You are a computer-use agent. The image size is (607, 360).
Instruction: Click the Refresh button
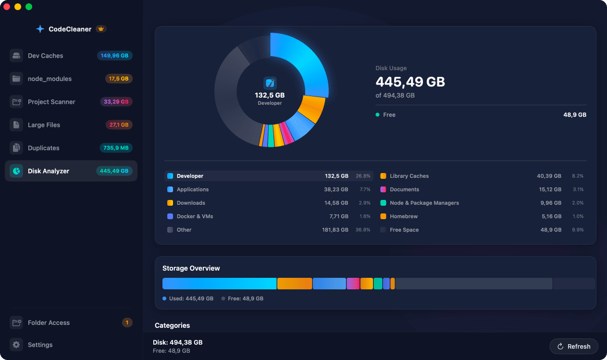(574, 347)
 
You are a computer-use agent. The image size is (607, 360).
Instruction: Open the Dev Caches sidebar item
(46, 56)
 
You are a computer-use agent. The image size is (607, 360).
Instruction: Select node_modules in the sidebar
(50, 79)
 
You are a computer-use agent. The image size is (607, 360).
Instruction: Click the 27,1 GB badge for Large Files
(119, 125)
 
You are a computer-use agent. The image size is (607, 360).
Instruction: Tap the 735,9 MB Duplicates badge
(115, 148)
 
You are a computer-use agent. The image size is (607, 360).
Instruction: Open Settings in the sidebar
(40, 345)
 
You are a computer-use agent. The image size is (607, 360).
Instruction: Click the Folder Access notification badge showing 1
(127, 323)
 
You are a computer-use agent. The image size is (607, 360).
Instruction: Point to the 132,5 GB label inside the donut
(270, 95)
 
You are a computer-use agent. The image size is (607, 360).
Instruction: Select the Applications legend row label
(193, 189)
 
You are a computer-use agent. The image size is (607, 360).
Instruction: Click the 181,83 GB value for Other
(335, 230)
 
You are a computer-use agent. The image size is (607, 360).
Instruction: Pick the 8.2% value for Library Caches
(577, 176)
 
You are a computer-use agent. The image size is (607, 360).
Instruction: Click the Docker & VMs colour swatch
(170, 216)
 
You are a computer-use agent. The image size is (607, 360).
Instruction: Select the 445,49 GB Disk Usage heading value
(410, 82)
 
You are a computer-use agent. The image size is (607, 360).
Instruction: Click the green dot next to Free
(378, 115)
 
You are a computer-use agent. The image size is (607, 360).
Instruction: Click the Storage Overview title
(191, 268)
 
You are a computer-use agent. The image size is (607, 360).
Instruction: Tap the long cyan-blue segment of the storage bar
(219, 284)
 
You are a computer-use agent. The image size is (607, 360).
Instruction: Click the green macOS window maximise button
(29, 7)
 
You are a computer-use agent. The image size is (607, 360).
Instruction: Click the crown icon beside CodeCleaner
(100, 29)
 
